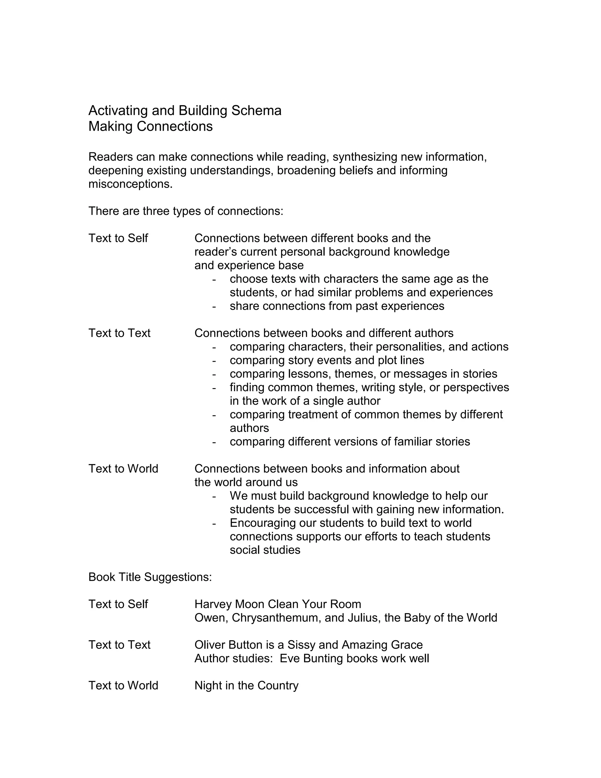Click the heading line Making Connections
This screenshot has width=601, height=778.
150,127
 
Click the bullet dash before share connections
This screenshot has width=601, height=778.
214,306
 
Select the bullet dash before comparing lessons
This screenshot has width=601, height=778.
214,374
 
